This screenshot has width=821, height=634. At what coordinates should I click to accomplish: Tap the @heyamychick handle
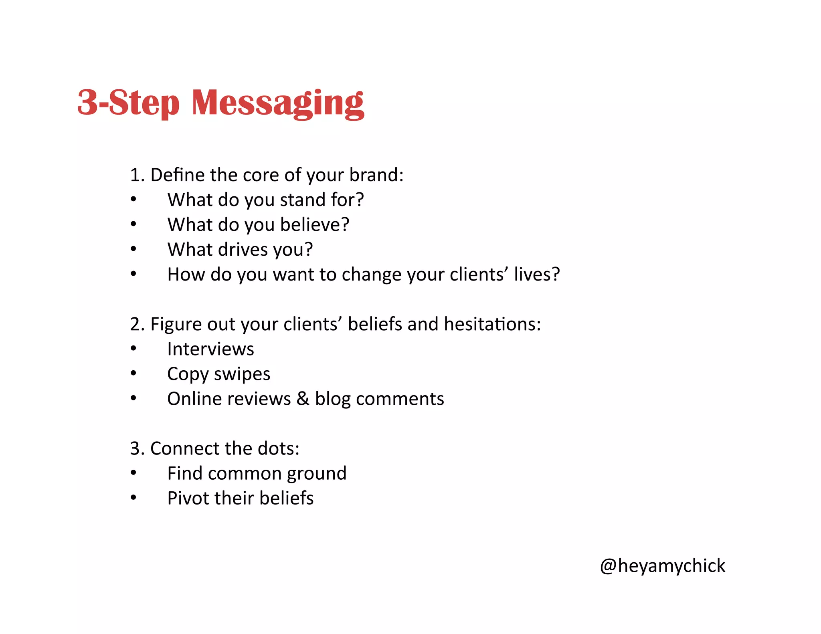click(662, 566)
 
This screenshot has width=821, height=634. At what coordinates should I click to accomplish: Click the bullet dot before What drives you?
click(133, 249)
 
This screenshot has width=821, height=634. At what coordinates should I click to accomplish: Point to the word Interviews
click(210, 349)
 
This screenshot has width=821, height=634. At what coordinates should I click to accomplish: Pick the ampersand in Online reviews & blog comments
click(303, 399)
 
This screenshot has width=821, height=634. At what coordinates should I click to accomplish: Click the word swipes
click(242, 374)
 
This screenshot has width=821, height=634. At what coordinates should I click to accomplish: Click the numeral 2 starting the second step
click(135, 324)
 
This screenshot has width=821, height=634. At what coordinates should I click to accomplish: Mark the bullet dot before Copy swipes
click(133, 374)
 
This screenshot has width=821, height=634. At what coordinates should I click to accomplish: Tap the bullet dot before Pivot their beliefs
click(133, 498)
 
